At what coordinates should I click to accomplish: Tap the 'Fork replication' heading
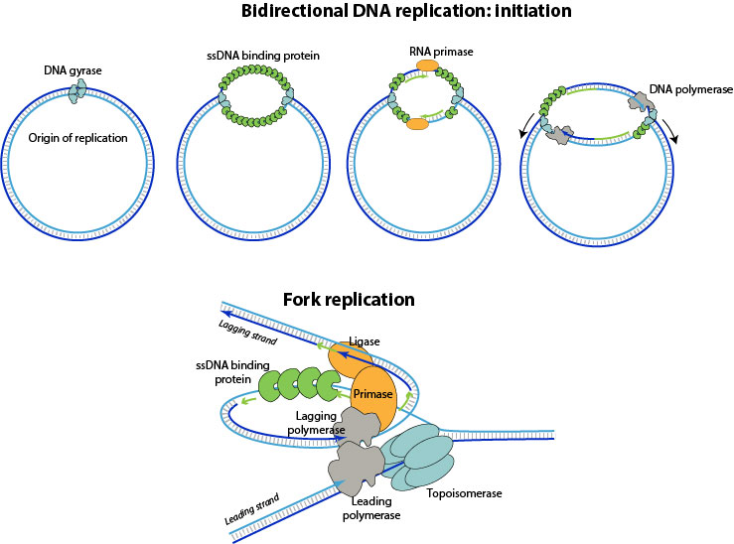coord(349,299)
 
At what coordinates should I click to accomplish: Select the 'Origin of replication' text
coord(76,138)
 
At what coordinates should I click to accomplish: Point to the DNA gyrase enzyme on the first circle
coord(76,90)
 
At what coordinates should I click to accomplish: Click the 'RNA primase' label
coord(427,49)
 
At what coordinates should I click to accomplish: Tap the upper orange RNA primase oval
coord(427,66)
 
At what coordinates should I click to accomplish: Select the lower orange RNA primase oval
coord(417,124)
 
